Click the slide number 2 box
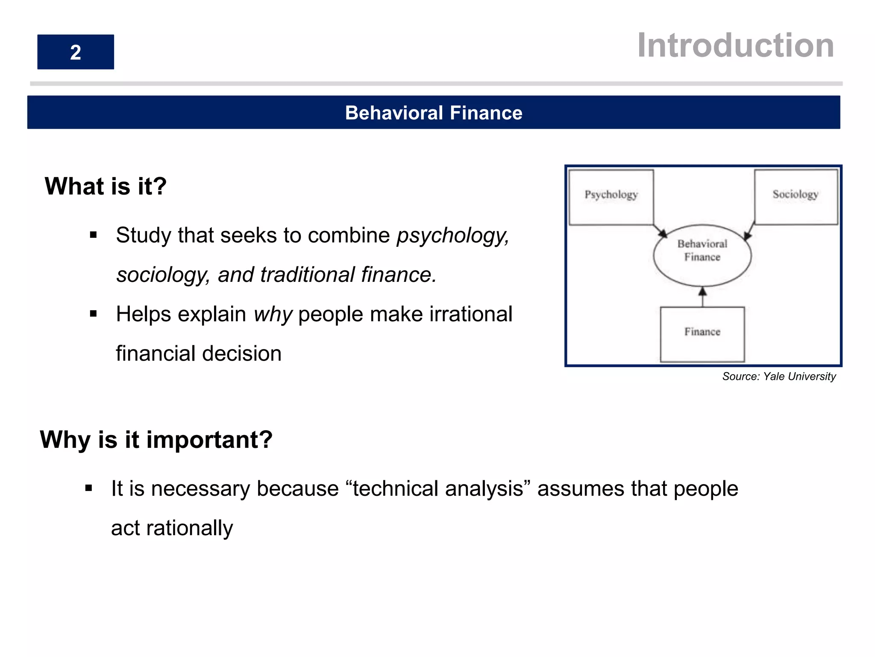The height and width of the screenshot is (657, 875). pyautogui.click(x=76, y=52)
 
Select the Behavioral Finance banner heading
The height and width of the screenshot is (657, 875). pyautogui.click(x=433, y=113)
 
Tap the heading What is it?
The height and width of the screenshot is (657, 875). pyautogui.click(x=106, y=186)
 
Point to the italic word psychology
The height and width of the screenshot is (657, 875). pyautogui.click(x=452, y=236)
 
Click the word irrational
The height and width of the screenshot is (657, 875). pyautogui.click(x=470, y=314)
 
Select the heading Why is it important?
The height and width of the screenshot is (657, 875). pyautogui.click(x=156, y=440)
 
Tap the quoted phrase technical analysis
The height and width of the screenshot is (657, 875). pyautogui.click(x=438, y=488)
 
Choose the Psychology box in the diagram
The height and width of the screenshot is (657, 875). pyautogui.click(x=611, y=196)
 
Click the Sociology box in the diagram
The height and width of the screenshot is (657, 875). pyautogui.click(x=796, y=196)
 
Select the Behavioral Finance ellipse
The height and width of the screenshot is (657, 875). pyautogui.click(x=702, y=255)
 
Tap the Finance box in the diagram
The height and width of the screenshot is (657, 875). pyautogui.click(x=702, y=334)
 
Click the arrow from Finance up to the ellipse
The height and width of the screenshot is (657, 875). pyautogui.click(x=702, y=297)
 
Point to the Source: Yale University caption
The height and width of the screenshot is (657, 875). pyautogui.click(x=778, y=376)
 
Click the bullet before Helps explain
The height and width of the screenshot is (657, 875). pyautogui.click(x=94, y=314)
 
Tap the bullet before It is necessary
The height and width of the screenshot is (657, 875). pyautogui.click(x=89, y=488)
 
